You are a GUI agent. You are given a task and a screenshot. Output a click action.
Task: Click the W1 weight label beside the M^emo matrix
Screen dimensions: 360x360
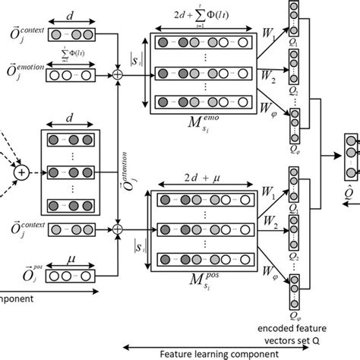[270, 33]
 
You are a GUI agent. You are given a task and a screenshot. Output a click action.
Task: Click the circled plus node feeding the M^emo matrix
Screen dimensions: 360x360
[118, 74]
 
